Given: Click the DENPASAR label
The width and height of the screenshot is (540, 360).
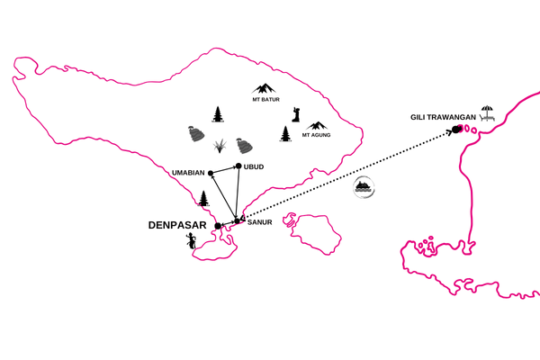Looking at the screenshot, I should click(177, 226).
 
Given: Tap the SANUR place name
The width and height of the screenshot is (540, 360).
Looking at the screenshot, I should click(260, 221).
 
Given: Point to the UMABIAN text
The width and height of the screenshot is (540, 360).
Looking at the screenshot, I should click(188, 172).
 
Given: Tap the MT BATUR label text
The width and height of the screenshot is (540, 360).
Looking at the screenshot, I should click(266, 100).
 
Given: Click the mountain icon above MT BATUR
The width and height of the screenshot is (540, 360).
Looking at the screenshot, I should click(265, 88).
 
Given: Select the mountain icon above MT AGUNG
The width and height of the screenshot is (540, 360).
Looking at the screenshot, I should click(317, 126).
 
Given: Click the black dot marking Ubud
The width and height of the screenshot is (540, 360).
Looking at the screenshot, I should click(238, 166).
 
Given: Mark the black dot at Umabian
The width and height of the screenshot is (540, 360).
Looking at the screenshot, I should click(211, 173).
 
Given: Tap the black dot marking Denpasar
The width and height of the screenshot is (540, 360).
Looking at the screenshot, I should click(218, 226).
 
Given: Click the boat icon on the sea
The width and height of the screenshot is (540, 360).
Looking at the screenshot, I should click(364, 188).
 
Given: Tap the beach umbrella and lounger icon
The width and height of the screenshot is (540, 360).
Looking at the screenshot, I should click(487, 113).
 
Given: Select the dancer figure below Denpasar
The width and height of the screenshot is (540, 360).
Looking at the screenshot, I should click(190, 241).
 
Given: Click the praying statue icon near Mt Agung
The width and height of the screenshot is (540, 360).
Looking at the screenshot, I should click(295, 115).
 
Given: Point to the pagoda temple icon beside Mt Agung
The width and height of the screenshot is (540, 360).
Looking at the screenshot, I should click(286, 133).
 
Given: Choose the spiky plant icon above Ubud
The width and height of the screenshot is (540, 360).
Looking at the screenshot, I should click(219, 146).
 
